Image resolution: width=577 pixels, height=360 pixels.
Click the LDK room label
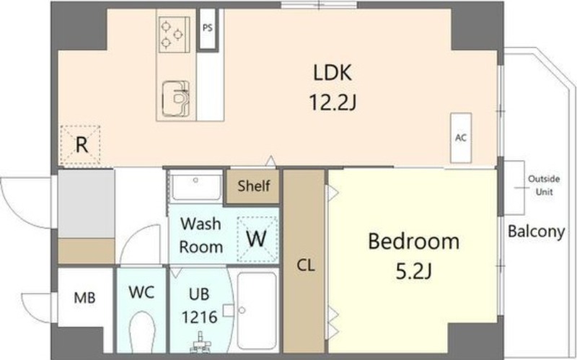click(x=332, y=73)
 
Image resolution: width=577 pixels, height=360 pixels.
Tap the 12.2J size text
click(x=332, y=102)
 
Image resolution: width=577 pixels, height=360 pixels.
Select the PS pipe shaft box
click(x=208, y=29)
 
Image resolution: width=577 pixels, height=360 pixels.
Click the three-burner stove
click(x=175, y=35)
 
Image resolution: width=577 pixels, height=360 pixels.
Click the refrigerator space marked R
click(x=81, y=145)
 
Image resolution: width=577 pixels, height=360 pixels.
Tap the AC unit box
click(x=461, y=138)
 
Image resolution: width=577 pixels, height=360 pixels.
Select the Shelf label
click(x=254, y=186)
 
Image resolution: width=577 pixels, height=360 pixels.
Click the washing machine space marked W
click(x=257, y=240)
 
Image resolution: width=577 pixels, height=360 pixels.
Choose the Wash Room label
click(x=201, y=235)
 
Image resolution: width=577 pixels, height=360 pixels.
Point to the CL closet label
click(x=306, y=265)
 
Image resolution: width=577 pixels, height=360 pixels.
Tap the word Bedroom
click(x=413, y=242)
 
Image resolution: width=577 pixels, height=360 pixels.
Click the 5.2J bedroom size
click(x=413, y=272)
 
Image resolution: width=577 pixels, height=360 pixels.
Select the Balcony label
click(x=536, y=232)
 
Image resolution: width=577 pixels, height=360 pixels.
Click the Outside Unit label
click(x=544, y=185)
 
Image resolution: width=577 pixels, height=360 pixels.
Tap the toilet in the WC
click(x=142, y=332)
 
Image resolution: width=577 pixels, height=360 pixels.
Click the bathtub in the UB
click(x=257, y=311)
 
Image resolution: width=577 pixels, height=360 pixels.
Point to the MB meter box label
click(x=84, y=298)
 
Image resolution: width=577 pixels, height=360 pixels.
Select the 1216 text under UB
click(x=200, y=317)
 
